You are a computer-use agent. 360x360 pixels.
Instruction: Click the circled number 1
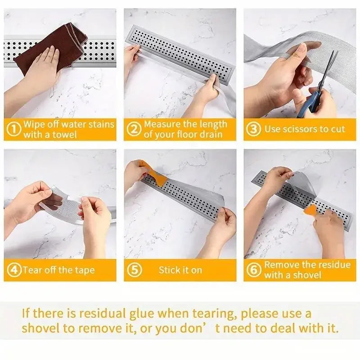(x=15, y=130)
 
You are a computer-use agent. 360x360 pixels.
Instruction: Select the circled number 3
(x=254, y=130)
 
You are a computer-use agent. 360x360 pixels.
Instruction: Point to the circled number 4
(x=15, y=270)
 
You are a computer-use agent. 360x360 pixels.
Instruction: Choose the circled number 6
(x=254, y=270)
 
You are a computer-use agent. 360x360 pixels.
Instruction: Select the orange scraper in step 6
(x=310, y=210)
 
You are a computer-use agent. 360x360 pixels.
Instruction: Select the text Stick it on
(x=180, y=270)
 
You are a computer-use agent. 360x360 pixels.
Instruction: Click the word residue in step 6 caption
(x=333, y=265)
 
